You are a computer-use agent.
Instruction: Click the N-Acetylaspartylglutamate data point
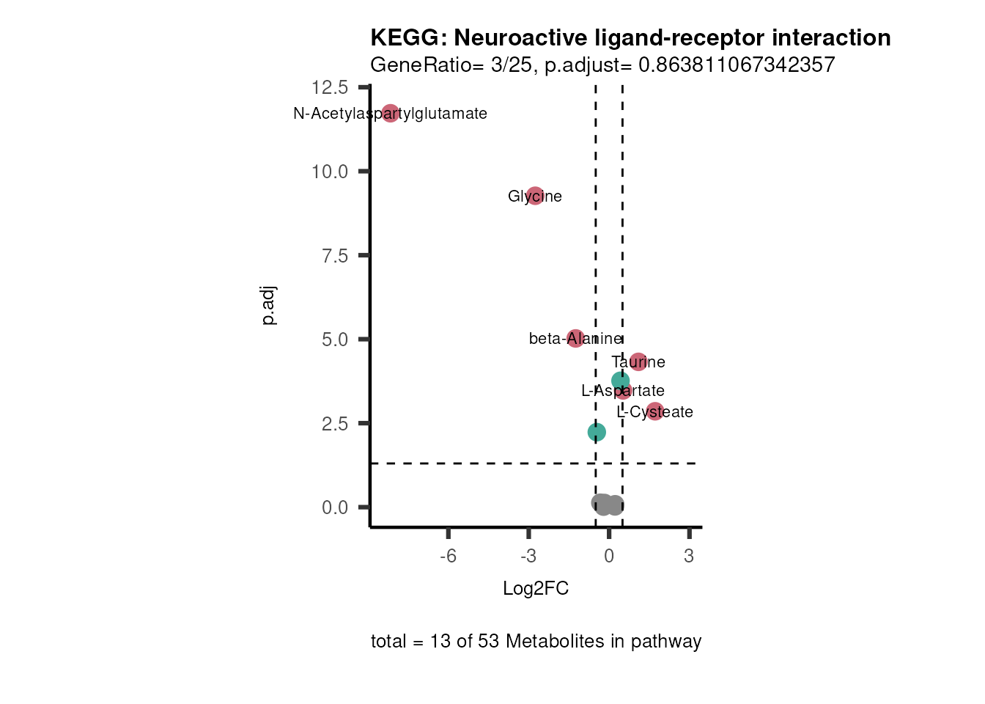[x=390, y=113]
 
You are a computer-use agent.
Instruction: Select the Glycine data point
[x=535, y=196]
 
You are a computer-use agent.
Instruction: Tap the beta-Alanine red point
[x=576, y=338]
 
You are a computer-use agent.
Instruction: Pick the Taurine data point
[x=638, y=362]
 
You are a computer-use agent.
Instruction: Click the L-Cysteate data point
[x=655, y=411]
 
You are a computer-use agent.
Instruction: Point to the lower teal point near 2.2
[x=597, y=432]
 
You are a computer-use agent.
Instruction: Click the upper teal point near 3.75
[x=621, y=381]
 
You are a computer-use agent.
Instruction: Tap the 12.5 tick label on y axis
[x=330, y=88]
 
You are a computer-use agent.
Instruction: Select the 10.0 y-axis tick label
[x=330, y=172]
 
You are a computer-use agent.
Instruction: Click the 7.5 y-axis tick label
[x=334, y=256]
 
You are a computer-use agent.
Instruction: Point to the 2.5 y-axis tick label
[x=334, y=424]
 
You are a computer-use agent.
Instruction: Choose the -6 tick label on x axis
[x=448, y=557]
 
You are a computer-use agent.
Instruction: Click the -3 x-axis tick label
[x=528, y=557]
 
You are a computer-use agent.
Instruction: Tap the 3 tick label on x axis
[x=689, y=557]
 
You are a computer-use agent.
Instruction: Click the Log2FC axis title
[x=536, y=589]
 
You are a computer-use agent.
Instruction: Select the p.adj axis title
[x=268, y=305]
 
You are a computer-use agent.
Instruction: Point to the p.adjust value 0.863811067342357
[x=737, y=65]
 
